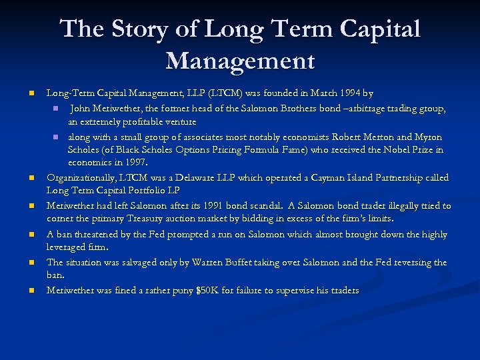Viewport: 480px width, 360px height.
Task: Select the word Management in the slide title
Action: (x=240, y=61)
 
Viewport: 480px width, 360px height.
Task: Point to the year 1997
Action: (x=133, y=162)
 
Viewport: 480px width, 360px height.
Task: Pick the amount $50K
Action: (x=213, y=291)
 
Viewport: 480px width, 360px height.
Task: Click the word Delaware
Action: (x=217, y=178)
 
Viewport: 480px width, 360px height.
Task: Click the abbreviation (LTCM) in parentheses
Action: (x=211, y=93)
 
